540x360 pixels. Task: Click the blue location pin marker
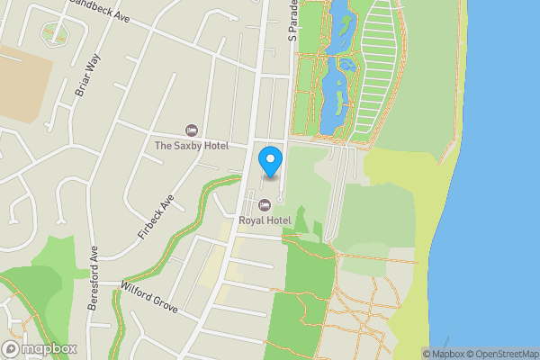[x=271, y=161]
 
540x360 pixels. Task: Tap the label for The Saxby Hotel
[x=191, y=146]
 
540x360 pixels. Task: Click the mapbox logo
[x=40, y=349]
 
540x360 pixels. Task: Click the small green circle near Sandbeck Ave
[x=55, y=32]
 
